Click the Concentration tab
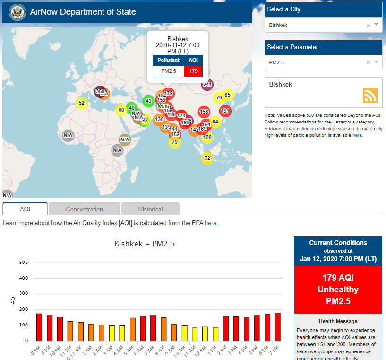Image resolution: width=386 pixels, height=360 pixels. pos(84,209)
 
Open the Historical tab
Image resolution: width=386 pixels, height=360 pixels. pos(150,209)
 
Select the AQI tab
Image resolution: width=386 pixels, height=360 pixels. pos(25,209)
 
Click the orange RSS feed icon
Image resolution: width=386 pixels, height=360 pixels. pos(370,95)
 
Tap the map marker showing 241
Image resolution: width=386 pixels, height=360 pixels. pos(207,85)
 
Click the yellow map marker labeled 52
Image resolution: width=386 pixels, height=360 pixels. pos(82,103)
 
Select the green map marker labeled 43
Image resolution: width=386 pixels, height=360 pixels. pos(148,101)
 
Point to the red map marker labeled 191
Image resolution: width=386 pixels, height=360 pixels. pos(225,111)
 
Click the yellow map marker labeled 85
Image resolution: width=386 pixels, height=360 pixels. pos(227,95)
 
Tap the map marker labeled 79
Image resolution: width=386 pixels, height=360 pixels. pos(174,142)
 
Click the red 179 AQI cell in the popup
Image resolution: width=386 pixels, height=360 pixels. pos(193,71)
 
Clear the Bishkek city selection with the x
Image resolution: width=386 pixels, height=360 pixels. pos(369,25)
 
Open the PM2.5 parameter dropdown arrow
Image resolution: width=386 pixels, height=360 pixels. pos(377,62)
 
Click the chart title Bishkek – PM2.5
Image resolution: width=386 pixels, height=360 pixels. pos(145,244)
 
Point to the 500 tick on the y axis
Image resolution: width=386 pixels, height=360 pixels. pos(24,263)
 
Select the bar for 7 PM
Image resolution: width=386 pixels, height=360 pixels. pos(277,326)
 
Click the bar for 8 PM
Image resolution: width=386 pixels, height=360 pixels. pos(39,327)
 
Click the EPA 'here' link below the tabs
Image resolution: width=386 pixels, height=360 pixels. pos(211,223)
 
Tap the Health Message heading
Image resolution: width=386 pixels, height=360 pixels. pos(338,321)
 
